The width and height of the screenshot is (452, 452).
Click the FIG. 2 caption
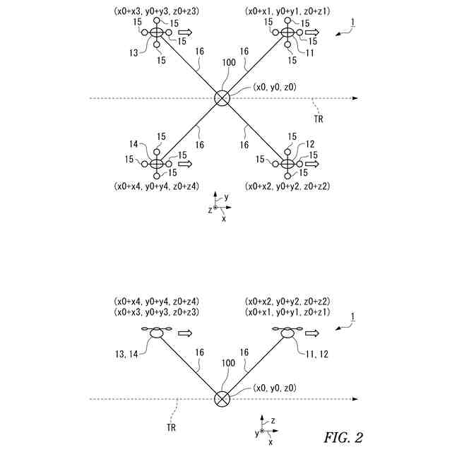343,437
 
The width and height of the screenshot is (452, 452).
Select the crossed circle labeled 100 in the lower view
222,399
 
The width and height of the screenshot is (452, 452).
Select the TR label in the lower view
171,427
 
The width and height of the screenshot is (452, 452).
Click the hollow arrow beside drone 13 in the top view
186,33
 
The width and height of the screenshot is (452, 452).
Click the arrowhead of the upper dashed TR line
355,99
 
